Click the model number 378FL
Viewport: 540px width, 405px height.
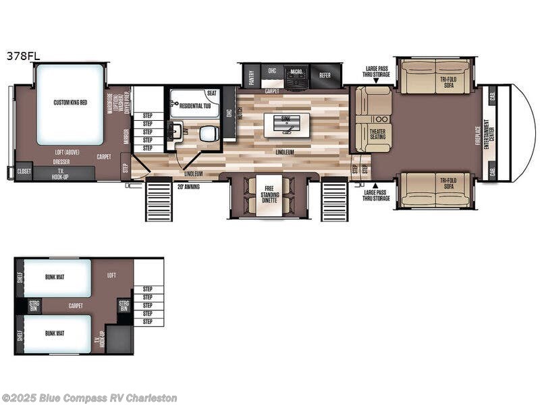point(24,57)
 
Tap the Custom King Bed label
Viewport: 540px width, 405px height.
point(70,103)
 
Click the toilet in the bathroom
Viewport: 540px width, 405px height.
point(207,133)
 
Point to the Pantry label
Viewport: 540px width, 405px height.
point(251,77)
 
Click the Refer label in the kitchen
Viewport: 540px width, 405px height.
point(325,75)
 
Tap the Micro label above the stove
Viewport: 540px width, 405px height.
point(296,71)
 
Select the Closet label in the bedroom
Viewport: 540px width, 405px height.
point(24,171)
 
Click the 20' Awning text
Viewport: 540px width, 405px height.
point(188,186)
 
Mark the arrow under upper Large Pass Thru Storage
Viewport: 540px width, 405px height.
point(376,80)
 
